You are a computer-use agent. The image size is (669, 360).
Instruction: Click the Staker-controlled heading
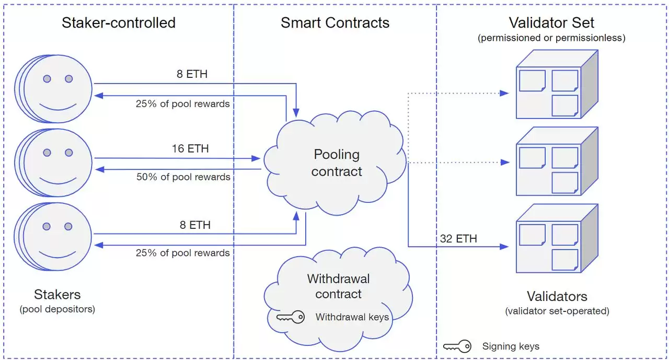pos(119,23)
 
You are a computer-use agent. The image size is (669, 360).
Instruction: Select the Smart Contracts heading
pos(335,23)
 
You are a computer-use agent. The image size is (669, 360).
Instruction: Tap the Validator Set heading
pos(551,23)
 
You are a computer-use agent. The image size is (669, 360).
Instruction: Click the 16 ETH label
pos(190,149)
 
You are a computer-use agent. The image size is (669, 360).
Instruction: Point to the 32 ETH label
pos(459,239)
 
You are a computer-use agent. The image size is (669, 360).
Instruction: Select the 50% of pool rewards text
pos(183,177)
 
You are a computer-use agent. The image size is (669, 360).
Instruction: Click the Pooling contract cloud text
pos(337,163)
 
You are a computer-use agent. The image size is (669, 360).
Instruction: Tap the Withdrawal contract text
pos(338,286)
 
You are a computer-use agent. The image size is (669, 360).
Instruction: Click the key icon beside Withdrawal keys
pos(290,317)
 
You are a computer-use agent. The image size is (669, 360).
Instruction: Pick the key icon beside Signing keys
pos(457,346)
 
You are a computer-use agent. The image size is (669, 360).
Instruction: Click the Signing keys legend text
pos(511,346)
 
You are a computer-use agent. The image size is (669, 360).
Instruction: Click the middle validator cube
pos(556,162)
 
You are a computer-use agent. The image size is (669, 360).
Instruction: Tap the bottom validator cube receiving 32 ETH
pos(556,239)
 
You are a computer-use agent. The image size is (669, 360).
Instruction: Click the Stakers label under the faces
pos(57,294)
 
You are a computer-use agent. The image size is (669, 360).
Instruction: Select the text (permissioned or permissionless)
pos(551,38)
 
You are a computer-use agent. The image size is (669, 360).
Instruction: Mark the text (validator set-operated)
pos(557,311)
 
